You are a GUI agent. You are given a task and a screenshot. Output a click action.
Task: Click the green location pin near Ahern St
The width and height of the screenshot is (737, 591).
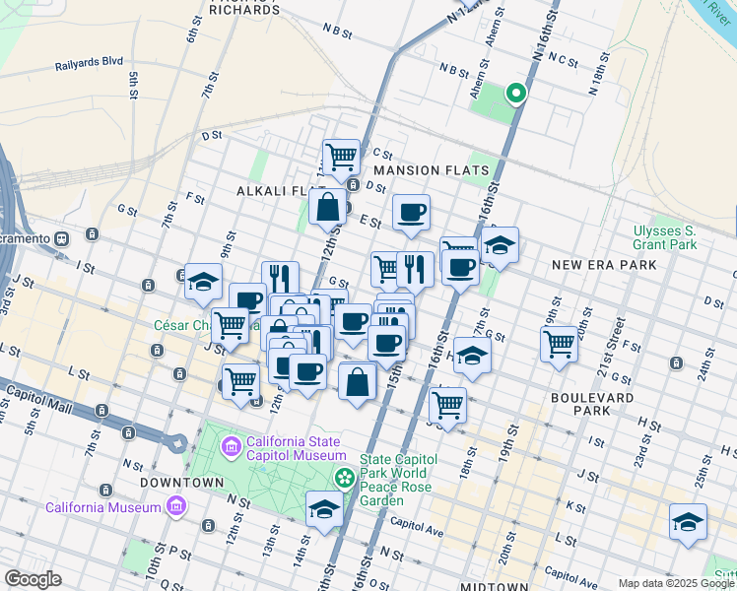click(514, 94)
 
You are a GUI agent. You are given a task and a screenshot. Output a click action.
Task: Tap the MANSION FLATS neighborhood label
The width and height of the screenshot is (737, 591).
click(432, 170)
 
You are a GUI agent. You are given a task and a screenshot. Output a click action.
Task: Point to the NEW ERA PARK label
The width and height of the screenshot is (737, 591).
click(604, 265)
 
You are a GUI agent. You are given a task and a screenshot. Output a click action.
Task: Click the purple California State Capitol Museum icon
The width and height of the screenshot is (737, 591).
click(232, 448)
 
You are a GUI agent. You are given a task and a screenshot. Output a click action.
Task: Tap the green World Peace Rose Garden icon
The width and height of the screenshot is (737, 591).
click(344, 479)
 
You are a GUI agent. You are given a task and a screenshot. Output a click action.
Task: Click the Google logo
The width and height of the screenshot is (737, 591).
click(33, 579)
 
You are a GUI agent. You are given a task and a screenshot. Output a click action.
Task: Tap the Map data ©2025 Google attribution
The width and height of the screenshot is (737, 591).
click(676, 583)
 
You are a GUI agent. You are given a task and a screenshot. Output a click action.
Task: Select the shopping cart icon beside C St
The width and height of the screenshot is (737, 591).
click(341, 156)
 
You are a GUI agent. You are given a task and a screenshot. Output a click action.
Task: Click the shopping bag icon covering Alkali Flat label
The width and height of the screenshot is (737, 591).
click(327, 207)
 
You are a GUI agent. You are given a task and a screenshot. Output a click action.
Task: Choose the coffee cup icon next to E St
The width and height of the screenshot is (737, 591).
click(411, 211)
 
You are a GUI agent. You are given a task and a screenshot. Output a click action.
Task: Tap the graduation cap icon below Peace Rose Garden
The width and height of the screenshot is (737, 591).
click(324, 508)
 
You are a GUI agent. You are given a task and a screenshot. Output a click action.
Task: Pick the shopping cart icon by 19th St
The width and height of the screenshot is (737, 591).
click(559, 344)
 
